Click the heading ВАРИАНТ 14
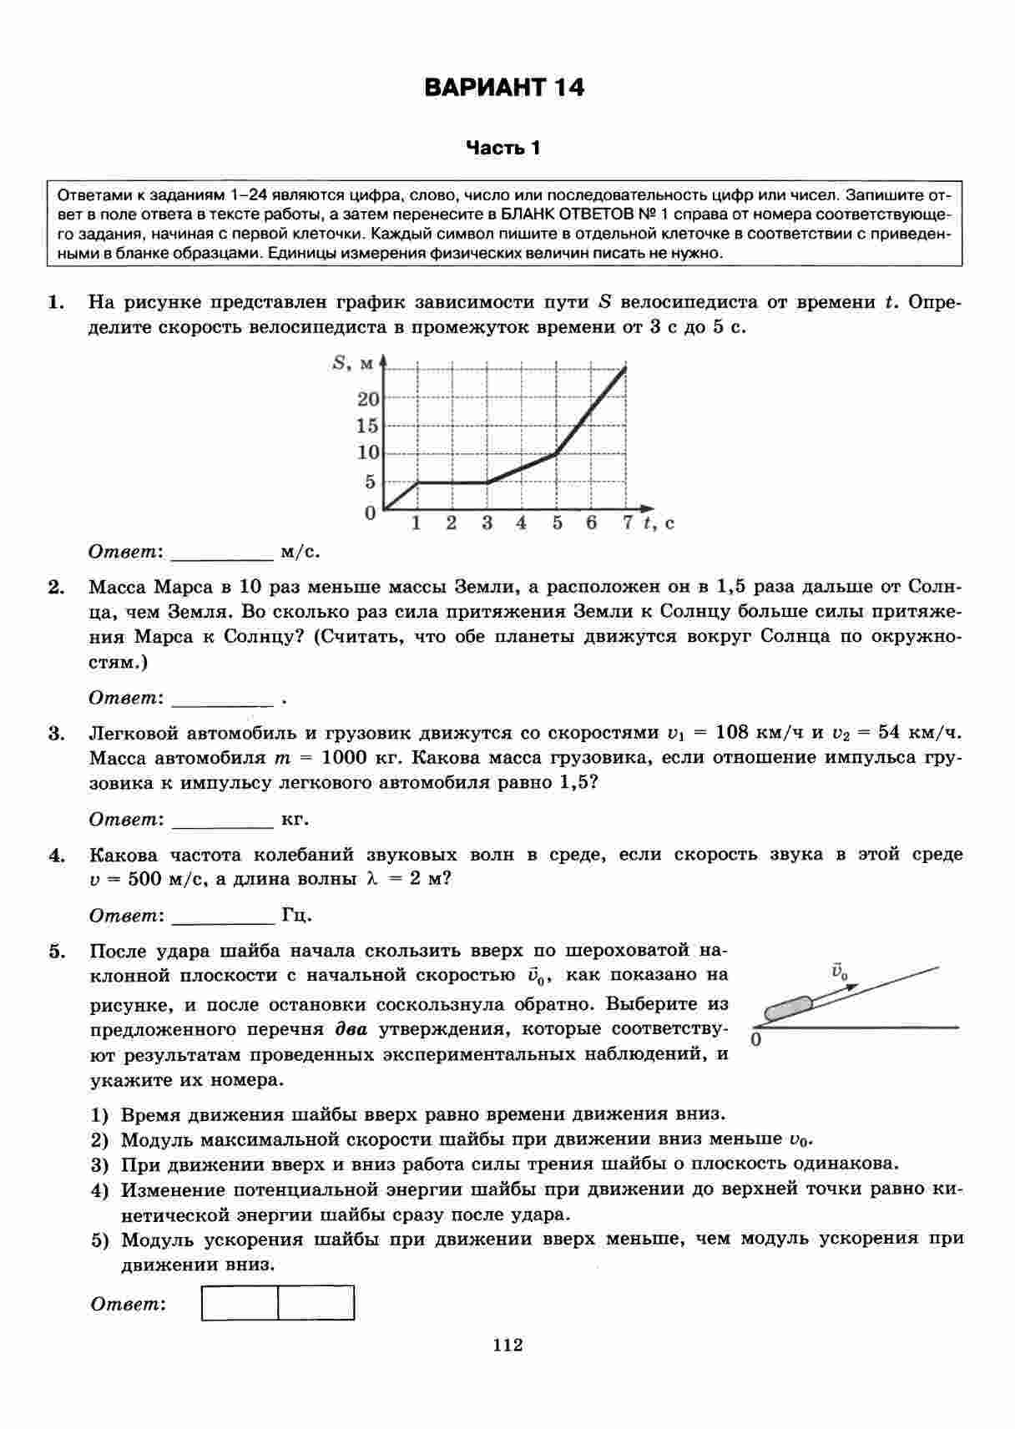[x=504, y=88]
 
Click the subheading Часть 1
[x=503, y=149]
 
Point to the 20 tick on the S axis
[x=368, y=399]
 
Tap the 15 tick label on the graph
[x=368, y=426]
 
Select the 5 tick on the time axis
[x=557, y=523]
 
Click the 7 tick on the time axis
[x=627, y=523]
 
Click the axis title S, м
[x=351, y=362]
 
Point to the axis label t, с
[x=659, y=523]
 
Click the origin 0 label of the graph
[x=370, y=513]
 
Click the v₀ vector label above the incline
[x=839, y=972]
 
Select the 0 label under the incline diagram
[x=756, y=1040]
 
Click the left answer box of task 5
[x=240, y=1303]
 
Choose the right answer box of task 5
[x=316, y=1303]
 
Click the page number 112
[x=507, y=1345]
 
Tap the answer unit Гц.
[x=297, y=916]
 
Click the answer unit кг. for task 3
[x=295, y=819]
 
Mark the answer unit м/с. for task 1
[x=300, y=552]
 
